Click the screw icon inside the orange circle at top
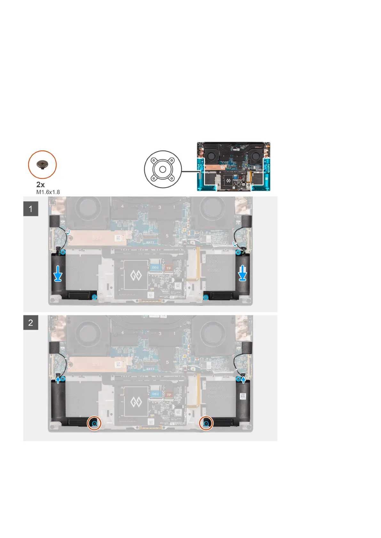point(42,165)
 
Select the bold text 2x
point(41,185)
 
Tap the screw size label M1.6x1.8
point(48,192)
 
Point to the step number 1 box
point(31,209)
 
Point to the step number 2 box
point(31,322)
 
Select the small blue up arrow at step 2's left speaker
point(58,379)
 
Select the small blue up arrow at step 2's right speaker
point(244,380)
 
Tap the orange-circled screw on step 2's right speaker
point(206,424)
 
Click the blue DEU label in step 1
point(155,267)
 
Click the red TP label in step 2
point(169,395)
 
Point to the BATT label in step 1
point(150,242)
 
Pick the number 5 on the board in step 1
point(167,236)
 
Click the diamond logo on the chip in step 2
point(136,402)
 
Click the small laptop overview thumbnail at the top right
point(234,166)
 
